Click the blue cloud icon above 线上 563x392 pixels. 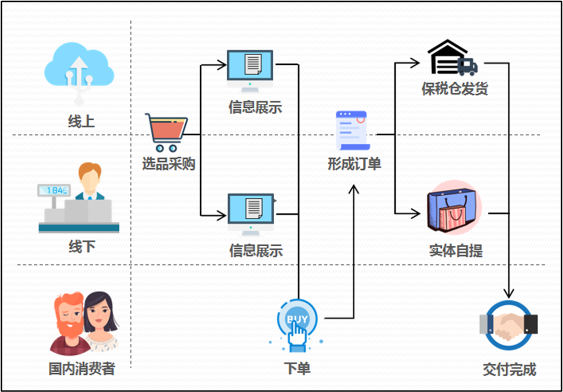tap(79, 70)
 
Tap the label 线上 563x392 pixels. tap(81, 121)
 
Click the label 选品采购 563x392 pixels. tap(168, 164)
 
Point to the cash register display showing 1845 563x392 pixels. tap(54, 190)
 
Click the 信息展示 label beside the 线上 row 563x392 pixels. tap(255, 107)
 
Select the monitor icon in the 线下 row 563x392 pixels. tap(250, 213)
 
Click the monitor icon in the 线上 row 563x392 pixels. tap(250, 69)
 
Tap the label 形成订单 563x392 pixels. tap(354, 164)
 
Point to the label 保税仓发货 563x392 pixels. tap(455, 89)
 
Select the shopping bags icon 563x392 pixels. tap(453, 207)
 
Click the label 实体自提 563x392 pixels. tap(456, 251)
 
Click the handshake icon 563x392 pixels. tap(509, 325)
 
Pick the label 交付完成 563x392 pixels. tap(509, 369)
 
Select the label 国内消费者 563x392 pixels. tap(82, 369)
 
